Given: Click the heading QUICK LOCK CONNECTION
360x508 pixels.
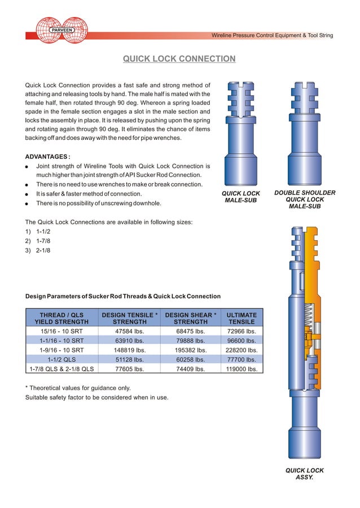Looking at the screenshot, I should [x=179, y=59].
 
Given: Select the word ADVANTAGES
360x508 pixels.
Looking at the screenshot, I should [x=47, y=156].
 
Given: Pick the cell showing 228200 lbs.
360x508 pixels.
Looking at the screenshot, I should [x=242, y=350].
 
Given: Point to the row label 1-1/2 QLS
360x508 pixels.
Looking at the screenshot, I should [x=62, y=359].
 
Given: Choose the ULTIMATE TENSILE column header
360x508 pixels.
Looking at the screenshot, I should [x=242, y=319].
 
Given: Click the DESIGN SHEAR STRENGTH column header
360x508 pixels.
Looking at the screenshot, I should [x=191, y=319].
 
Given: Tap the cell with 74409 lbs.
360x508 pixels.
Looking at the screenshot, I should [x=191, y=369].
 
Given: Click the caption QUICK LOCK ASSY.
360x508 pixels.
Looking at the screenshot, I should [x=304, y=474].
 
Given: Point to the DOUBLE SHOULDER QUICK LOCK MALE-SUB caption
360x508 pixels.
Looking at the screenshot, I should [x=305, y=200].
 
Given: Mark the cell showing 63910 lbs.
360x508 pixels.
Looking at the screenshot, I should [x=129, y=341].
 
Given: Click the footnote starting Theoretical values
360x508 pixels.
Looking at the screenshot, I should [x=80, y=388].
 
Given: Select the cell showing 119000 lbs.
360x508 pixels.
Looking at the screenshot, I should [x=242, y=369].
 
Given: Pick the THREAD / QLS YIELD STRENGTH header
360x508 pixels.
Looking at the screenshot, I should [x=62, y=319].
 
